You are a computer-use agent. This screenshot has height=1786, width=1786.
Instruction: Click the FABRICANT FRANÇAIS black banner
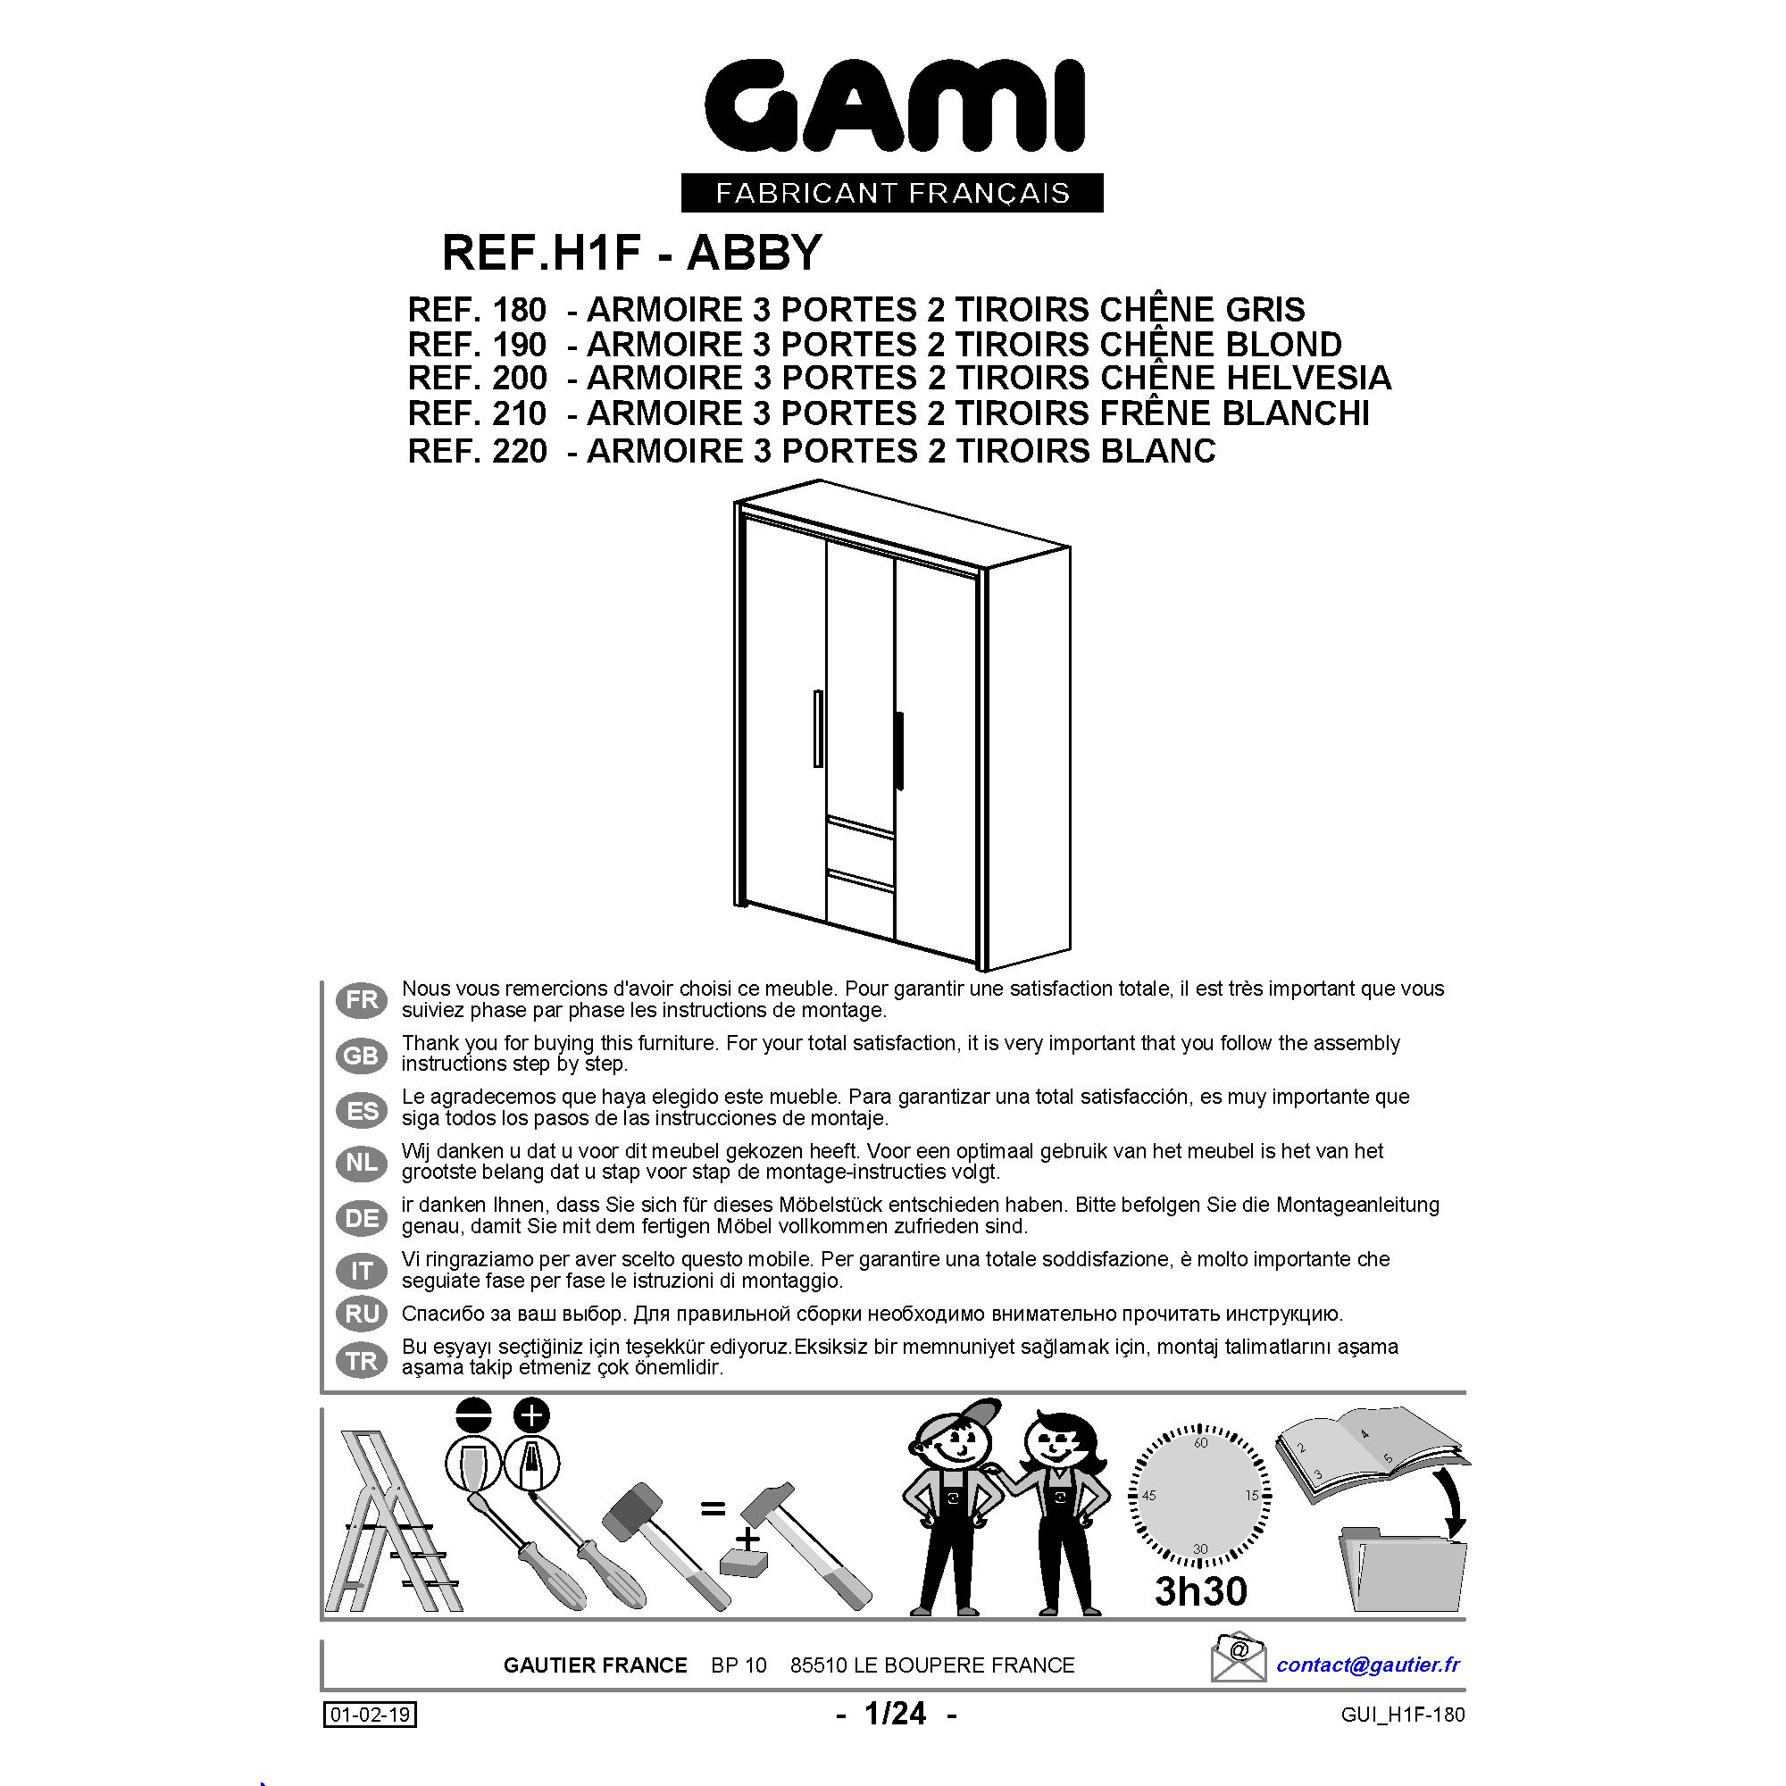click(892, 193)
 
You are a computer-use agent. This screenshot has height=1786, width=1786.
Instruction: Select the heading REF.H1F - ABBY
click(632, 253)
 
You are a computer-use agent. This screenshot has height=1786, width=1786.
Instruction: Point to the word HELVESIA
click(1308, 378)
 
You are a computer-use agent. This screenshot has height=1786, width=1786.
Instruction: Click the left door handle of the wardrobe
click(818, 729)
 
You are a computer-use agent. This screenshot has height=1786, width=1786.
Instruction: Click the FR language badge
click(362, 1000)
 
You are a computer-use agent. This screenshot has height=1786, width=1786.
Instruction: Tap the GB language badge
click(362, 1056)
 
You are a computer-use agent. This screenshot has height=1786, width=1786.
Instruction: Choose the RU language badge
click(362, 1314)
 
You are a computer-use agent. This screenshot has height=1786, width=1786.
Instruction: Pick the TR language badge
click(362, 1361)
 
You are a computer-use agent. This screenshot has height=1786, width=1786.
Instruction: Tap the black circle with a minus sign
click(474, 1415)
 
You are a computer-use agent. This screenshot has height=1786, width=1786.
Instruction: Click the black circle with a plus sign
click(531, 1415)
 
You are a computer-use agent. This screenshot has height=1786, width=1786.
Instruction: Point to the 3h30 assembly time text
click(1201, 1591)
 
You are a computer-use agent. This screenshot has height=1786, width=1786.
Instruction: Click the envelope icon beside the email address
click(1238, 1661)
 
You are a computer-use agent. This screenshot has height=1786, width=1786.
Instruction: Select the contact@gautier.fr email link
click(1368, 1665)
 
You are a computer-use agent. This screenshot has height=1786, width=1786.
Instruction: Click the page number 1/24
click(895, 1714)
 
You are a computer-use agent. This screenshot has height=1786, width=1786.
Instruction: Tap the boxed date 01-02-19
click(370, 1715)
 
